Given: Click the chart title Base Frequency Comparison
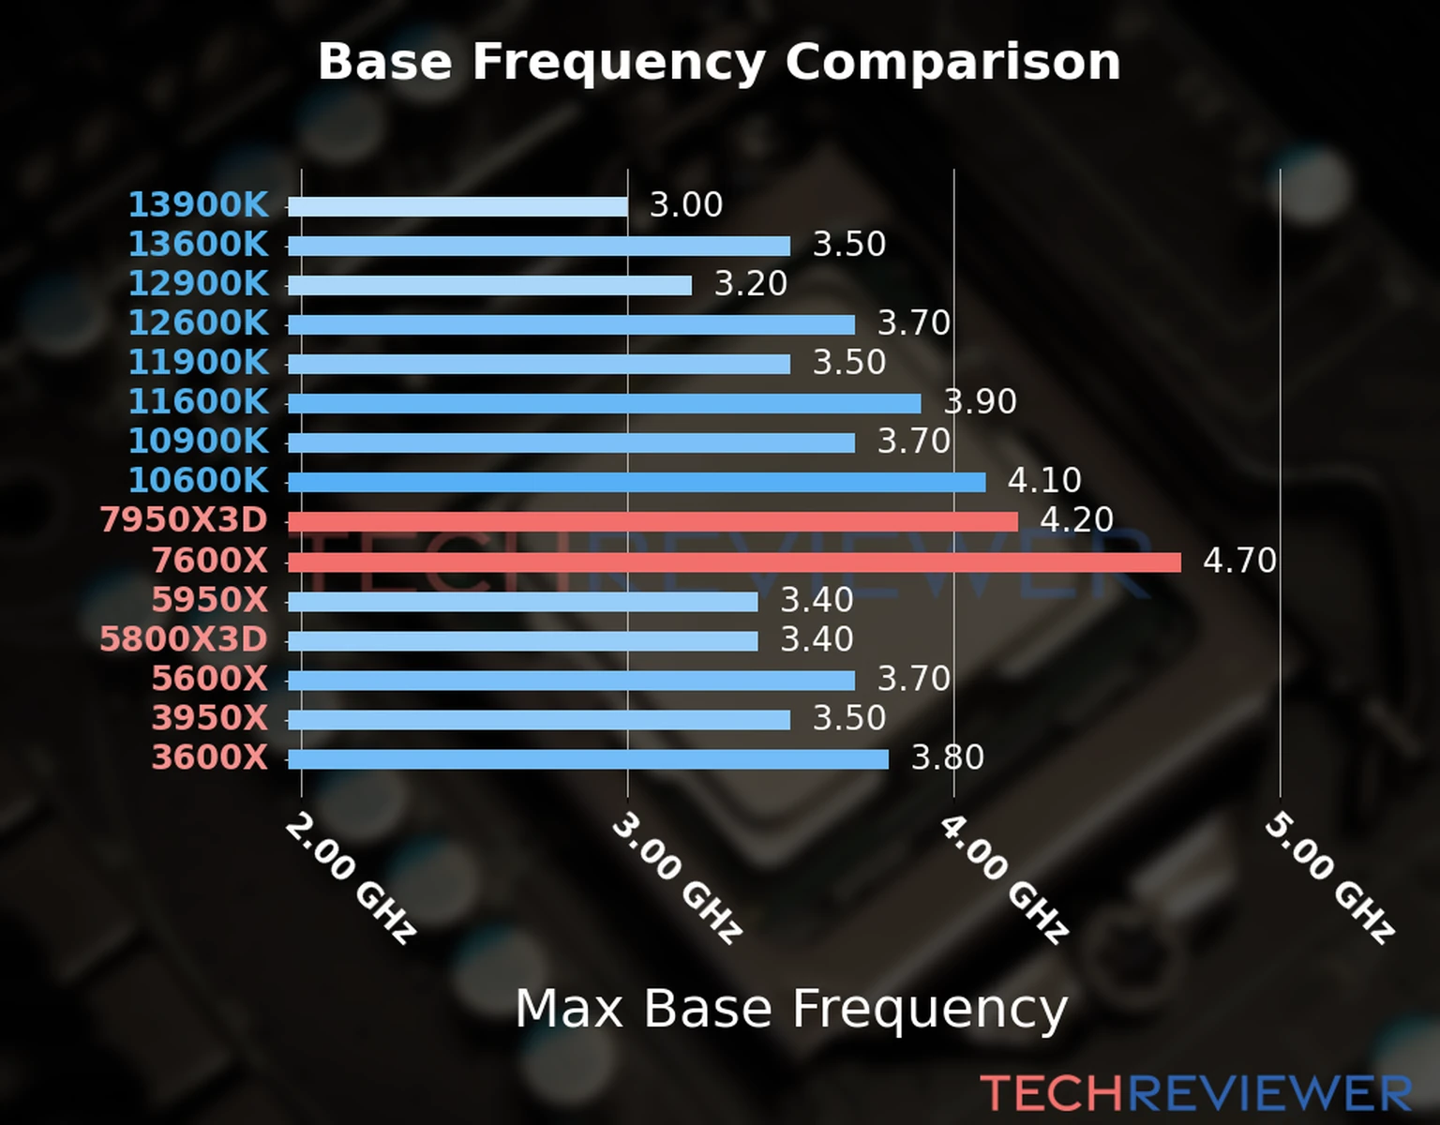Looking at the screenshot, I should point(719,62).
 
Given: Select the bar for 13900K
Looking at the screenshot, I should point(457,206).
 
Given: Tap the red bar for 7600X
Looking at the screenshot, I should point(734,562).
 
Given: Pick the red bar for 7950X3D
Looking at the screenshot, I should point(652,521).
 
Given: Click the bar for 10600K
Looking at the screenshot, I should point(637,482).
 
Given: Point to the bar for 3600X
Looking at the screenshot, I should point(588,758).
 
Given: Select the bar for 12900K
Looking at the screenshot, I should point(489,285).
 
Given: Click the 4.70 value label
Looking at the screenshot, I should point(1239,561).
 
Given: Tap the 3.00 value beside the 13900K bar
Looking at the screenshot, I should point(686,204).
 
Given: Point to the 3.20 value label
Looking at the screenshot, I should point(751,283).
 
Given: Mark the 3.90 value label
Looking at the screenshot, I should point(981,401).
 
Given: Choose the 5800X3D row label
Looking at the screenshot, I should point(184,639).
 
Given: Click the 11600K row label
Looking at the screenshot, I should point(198,401).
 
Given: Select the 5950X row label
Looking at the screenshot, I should point(210,600).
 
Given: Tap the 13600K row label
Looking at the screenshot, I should point(198,244).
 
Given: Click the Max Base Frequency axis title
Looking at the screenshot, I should point(791,1009).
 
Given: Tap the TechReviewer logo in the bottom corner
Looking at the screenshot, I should point(1195,1093).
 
